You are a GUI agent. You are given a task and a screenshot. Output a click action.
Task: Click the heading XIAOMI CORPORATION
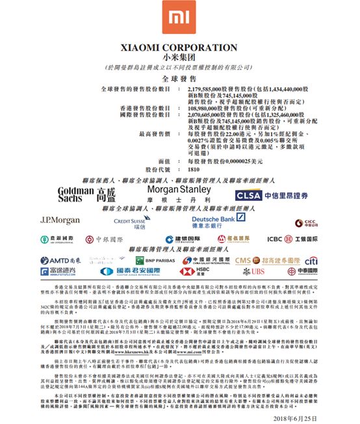click(x=179, y=47)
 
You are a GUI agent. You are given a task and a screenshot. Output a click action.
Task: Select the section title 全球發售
click(x=179, y=77)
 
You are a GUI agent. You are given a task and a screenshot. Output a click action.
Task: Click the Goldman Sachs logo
click(x=87, y=193)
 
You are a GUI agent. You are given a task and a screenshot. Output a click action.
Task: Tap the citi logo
click(x=311, y=260)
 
